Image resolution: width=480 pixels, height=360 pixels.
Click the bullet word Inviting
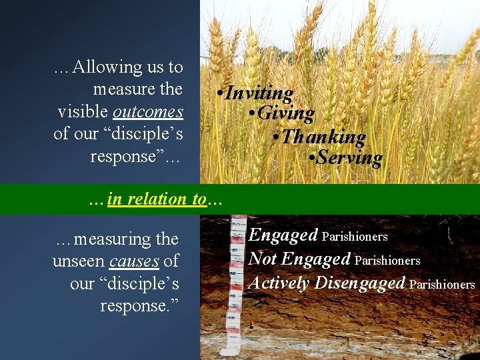coord(259,93)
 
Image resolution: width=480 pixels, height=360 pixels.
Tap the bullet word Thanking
coord(323,137)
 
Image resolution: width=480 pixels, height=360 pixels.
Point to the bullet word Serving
coord(349,158)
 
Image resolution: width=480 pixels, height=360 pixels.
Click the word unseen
coord(79,261)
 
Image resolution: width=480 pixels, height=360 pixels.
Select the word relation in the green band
coord(157,199)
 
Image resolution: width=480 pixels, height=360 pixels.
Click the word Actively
coord(279,283)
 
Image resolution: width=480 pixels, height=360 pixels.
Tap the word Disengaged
coord(359,283)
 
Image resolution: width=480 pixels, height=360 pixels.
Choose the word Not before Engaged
coord(263,259)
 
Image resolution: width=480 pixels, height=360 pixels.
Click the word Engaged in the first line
coord(283,235)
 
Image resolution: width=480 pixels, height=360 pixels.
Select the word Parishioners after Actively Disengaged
coord(442,285)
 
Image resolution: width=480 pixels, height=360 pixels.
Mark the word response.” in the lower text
coord(139,306)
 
